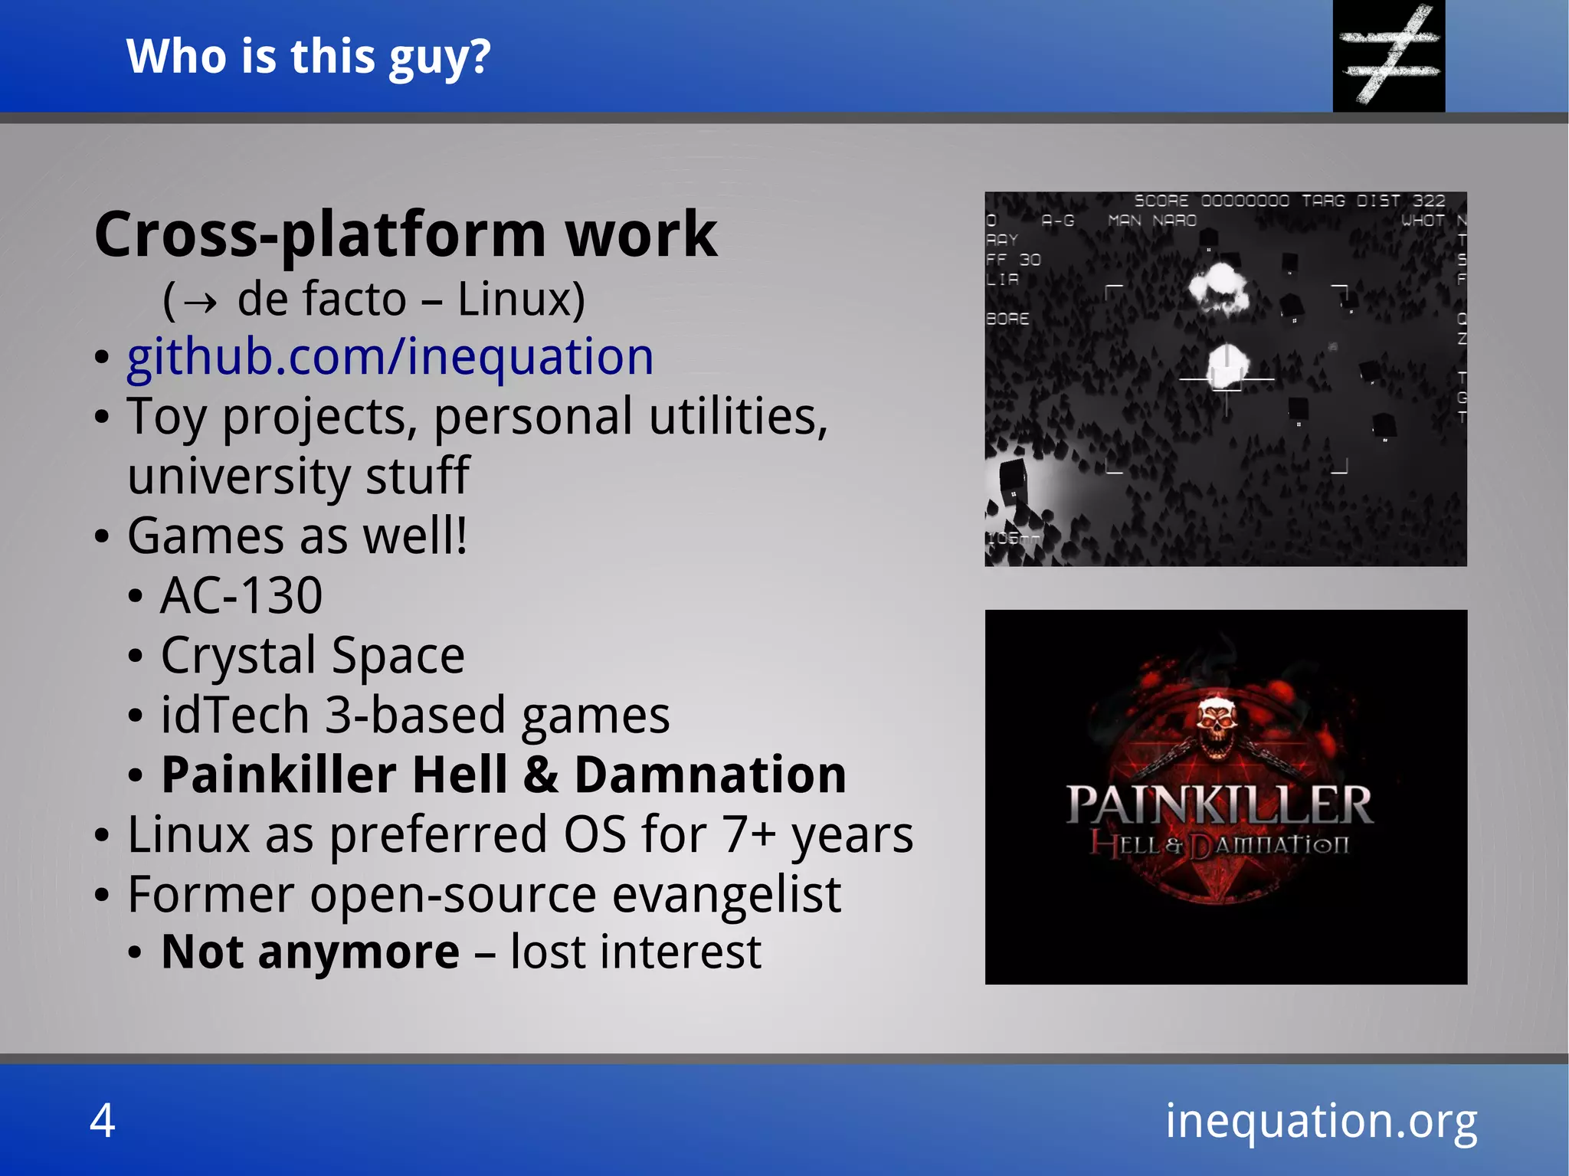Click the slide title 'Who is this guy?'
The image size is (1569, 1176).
tap(308, 57)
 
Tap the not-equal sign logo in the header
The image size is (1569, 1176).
tap(1388, 55)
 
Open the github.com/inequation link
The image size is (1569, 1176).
tap(390, 357)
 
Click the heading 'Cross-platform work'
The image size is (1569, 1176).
tap(405, 234)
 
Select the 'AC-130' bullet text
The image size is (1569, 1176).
tap(241, 595)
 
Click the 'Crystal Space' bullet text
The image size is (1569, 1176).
tap(313, 656)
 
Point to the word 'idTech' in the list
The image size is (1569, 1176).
tap(234, 716)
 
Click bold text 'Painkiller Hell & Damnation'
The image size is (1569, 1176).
tap(503, 775)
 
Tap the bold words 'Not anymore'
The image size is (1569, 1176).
tap(310, 952)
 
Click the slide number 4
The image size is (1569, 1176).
tap(103, 1120)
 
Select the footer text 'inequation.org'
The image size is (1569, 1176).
tap(1321, 1120)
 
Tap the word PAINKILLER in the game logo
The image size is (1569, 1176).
tap(1220, 806)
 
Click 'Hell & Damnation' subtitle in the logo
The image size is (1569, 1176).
tap(1220, 846)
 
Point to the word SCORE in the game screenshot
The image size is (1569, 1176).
tap(1161, 201)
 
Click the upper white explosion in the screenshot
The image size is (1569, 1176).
tap(1218, 287)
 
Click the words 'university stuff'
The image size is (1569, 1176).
tap(298, 476)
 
